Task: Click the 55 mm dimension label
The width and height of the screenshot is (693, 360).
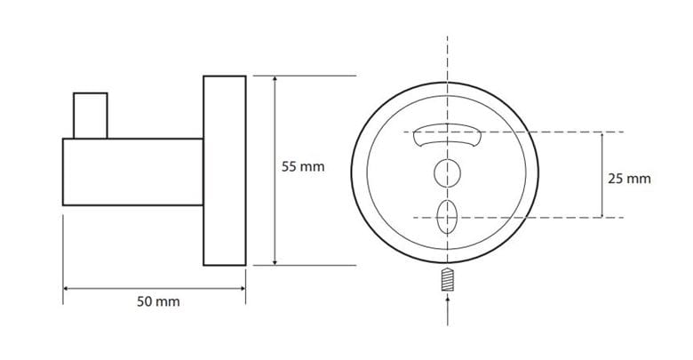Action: pos(303,167)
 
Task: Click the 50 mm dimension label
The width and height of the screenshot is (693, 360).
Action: pos(158,301)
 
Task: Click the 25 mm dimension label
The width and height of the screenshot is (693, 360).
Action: pos(629,179)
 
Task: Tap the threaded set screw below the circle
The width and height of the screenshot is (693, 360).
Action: pos(447,279)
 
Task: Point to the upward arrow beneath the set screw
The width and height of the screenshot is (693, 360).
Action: pos(447,311)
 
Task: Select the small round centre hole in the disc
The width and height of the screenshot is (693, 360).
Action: pos(447,173)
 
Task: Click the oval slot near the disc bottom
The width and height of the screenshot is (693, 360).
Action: pos(447,217)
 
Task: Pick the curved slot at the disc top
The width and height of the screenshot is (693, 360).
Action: pos(447,135)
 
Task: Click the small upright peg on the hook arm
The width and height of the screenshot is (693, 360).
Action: pos(90,116)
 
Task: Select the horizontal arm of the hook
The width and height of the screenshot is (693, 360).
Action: pos(132,172)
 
